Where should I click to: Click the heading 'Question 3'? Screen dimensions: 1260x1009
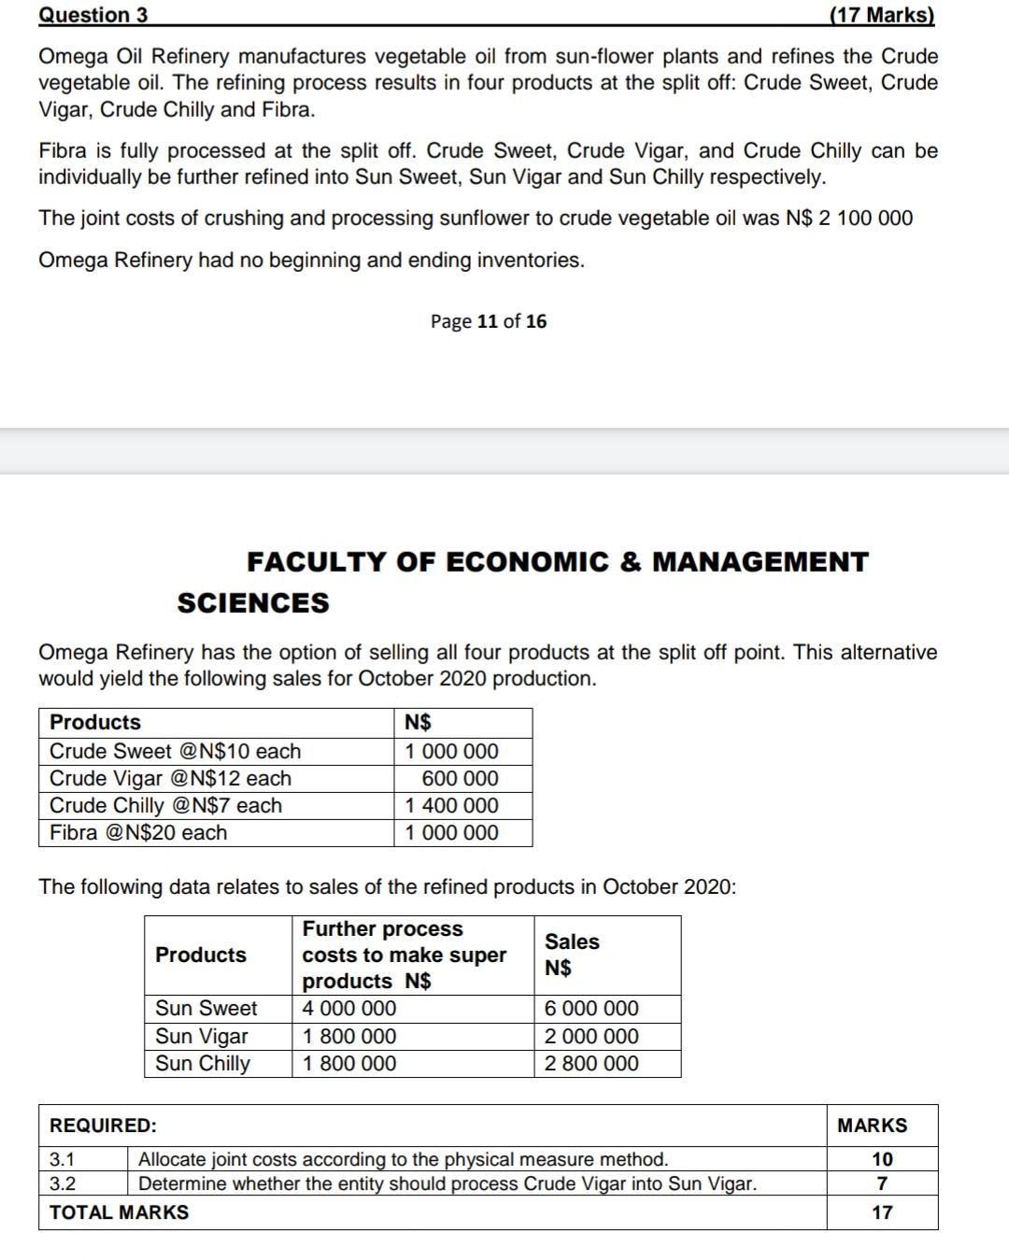click(x=92, y=15)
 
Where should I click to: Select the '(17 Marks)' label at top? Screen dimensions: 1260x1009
click(x=881, y=15)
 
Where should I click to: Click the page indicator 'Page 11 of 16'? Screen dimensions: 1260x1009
click(x=489, y=321)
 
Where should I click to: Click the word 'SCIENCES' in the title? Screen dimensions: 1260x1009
click(x=253, y=603)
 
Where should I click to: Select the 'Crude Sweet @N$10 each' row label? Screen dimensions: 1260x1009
click(x=175, y=751)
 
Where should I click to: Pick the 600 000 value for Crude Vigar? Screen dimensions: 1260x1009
click(x=460, y=778)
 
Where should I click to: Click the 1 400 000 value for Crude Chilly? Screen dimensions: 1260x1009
click(x=451, y=805)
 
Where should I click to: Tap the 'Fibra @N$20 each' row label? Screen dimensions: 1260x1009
click(x=138, y=832)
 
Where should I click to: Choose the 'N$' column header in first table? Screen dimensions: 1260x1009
click(x=418, y=722)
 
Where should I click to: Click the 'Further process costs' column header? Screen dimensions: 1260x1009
click(x=404, y=955)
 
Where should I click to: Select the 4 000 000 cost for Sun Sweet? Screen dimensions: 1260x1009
click(x=349, y=1009)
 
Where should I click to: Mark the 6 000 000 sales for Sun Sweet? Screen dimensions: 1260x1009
click(x=591, y=1009)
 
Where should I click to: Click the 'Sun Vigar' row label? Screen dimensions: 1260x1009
click(x=202, y=1036)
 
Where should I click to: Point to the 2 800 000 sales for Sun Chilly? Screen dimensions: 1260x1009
click(x=591, y=1063)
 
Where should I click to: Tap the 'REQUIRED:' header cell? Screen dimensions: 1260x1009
click(x=103, y=1126)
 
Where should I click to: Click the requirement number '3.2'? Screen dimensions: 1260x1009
click(x=63, y=1184)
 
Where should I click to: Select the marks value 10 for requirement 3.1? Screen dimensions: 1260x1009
click(x=882, y=1159)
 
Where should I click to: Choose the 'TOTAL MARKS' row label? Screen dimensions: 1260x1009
click(x=119, y=1212)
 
